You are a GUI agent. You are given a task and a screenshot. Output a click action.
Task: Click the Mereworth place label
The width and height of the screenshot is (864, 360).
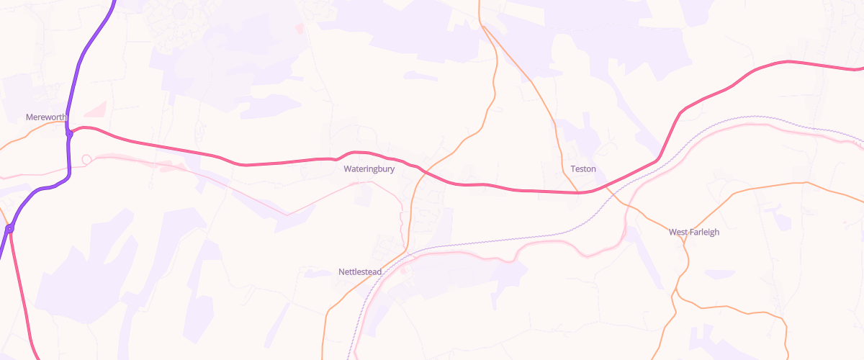tap(46, 117)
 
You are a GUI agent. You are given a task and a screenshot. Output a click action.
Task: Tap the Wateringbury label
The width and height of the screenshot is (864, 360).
tap(369, 170)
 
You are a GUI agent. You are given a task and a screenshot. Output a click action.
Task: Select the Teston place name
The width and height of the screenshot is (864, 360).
tap(583, 169)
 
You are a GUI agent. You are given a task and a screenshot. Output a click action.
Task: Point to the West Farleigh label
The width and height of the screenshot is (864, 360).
tap(694, 232)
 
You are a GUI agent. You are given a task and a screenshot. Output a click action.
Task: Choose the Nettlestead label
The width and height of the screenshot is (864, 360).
tap(360, 272)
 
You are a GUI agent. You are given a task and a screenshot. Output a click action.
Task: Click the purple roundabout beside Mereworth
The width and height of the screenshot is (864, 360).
tap(69, 133)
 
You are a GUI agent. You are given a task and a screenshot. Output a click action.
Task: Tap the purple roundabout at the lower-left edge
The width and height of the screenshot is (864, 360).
tap(10, 228)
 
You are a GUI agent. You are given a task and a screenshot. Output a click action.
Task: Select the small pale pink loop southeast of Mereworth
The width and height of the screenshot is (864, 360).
tap(87, 159)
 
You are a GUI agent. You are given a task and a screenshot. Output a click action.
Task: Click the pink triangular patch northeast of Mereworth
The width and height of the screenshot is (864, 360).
tap(96, 109)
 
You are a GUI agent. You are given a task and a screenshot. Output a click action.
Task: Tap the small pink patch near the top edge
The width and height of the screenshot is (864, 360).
tap(299, 27)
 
